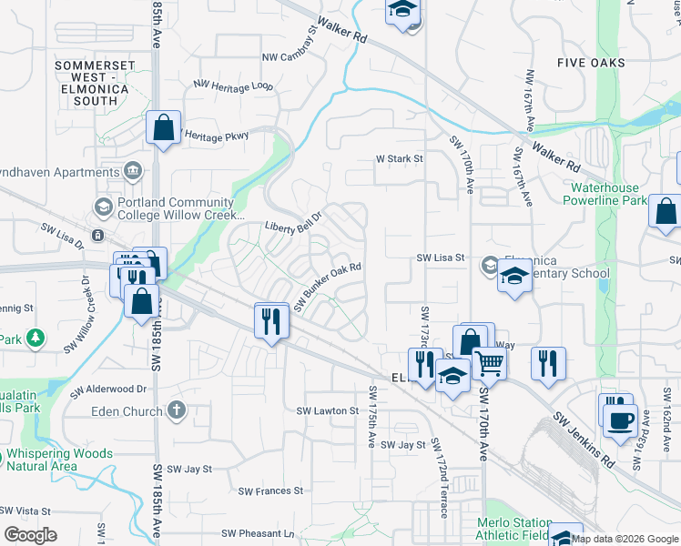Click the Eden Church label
[127, 411]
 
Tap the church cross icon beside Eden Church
[177, 410]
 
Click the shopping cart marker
[490, 364]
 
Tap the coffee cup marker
[622, 420]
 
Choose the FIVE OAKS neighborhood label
[592, 62]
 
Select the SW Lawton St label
[328, 410]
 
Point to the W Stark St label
[401, 158]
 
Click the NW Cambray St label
[289, 54]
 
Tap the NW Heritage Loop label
[232, 86]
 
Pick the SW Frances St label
[270, 490]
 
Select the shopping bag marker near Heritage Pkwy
[163, 129]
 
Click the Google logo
[30, 535]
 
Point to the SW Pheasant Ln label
[258, 533]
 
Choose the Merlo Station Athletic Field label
[515, 529]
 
